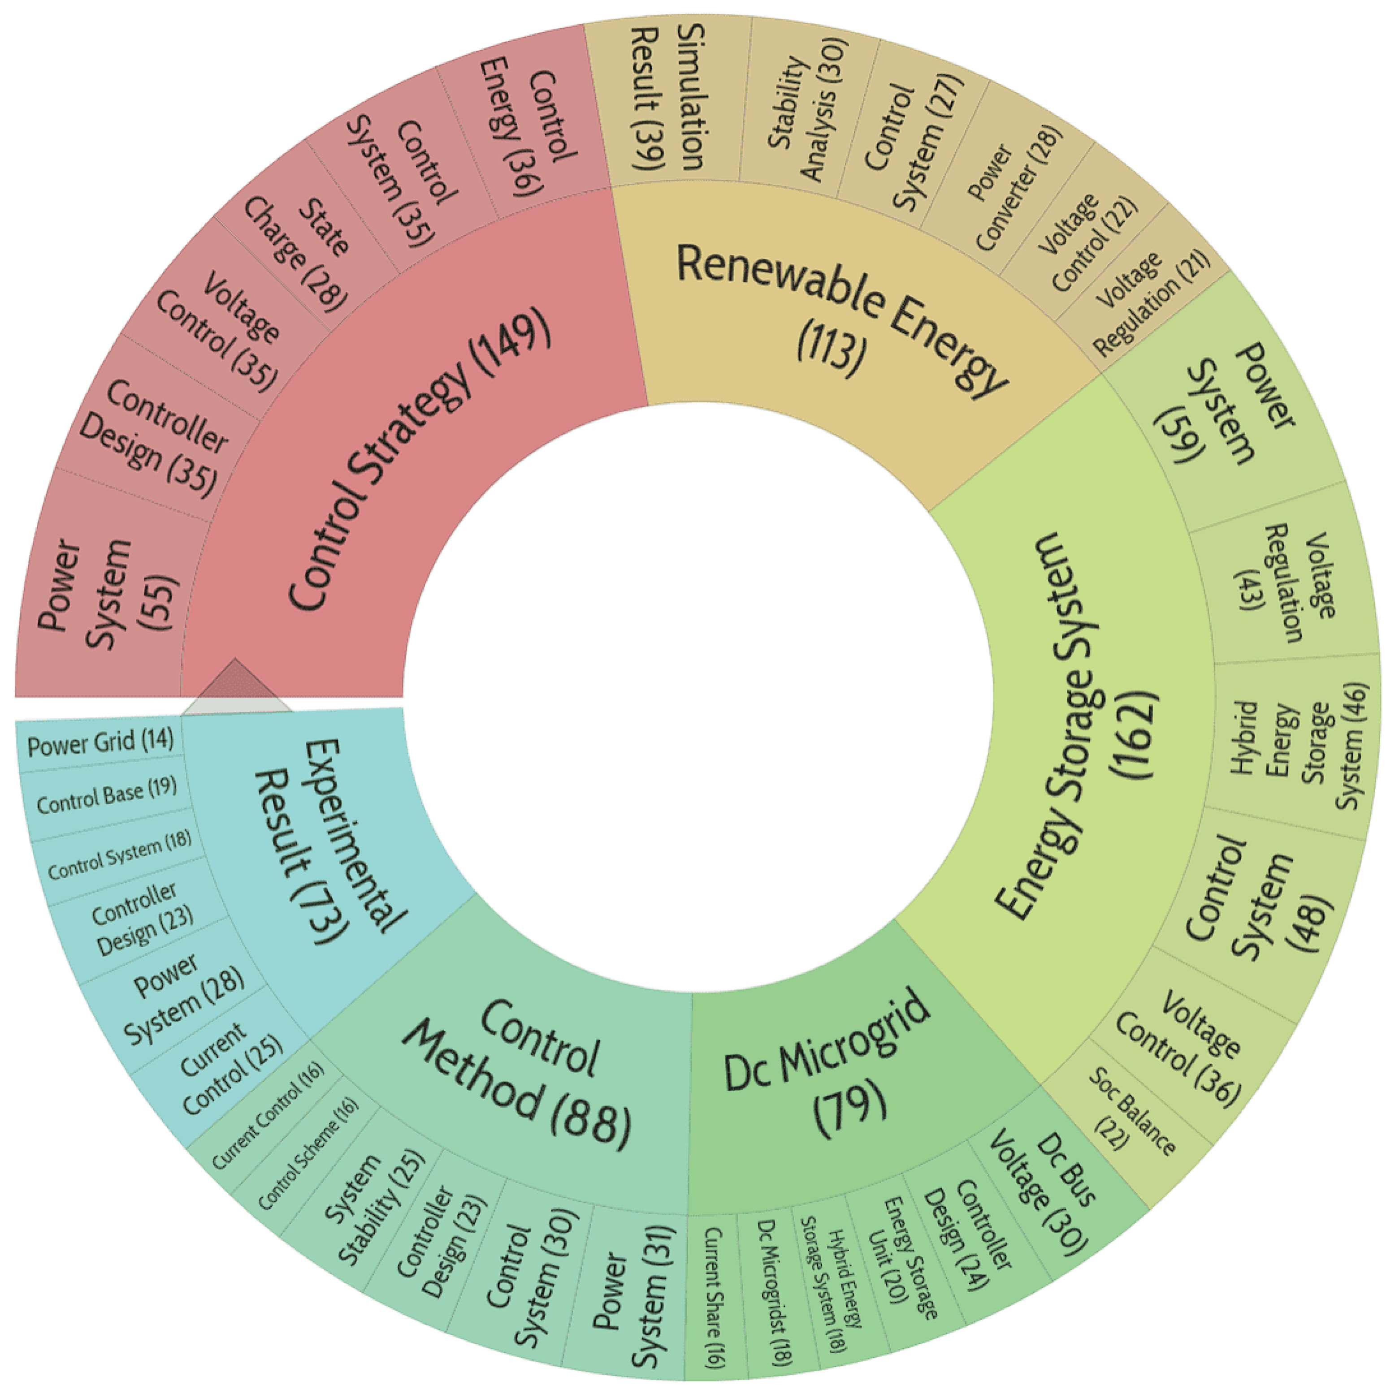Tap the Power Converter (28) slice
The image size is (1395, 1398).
[1014, 188]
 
